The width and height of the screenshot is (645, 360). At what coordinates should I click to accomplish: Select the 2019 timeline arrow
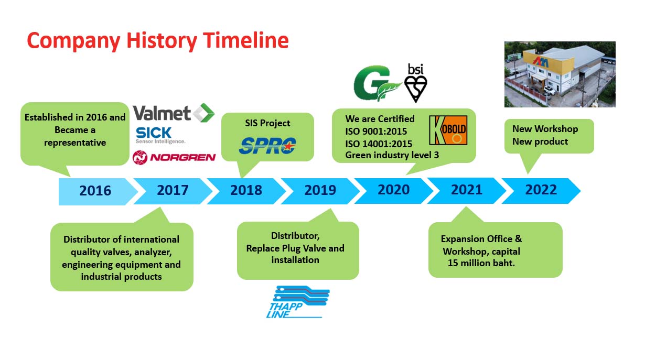click(x=320, y=191)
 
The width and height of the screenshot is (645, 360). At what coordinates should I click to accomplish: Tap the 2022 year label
click(x=541, y=190)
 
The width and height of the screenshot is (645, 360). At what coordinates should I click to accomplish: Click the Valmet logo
click(x=174, y=113)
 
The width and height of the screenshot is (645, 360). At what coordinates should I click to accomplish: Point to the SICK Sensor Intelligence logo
click(x=160, y=135)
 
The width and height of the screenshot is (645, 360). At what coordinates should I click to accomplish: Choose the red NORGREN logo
click(x=174, y=157)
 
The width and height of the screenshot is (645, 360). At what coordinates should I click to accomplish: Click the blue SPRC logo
click(x=267, y=146)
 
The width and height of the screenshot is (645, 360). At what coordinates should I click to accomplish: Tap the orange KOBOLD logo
click(x=448, y=130)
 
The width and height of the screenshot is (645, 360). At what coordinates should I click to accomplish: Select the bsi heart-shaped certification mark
click(x=415, y=83)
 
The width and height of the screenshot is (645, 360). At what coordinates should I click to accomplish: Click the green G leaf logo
click(x=377, y=83)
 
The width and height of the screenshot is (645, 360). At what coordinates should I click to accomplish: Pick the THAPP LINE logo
click(x=297, y=302)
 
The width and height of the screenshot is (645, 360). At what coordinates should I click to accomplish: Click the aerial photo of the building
click(x=560, y=74)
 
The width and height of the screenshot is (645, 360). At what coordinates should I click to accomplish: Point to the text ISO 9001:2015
click(x=376, y=132)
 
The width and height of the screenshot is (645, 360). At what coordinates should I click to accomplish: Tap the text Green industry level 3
click(x=392, y=155)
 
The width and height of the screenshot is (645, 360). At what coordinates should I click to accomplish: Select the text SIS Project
click(x=267, y=123)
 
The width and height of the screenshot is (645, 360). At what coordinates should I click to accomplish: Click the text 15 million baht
click(x=481, y=263)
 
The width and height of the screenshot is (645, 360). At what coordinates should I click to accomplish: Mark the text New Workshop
click(x=545, y=129)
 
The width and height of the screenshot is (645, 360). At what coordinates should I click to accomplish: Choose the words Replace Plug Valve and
click(x=295, y=248)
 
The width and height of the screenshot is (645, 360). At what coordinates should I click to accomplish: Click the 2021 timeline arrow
click(x=467, y=191)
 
